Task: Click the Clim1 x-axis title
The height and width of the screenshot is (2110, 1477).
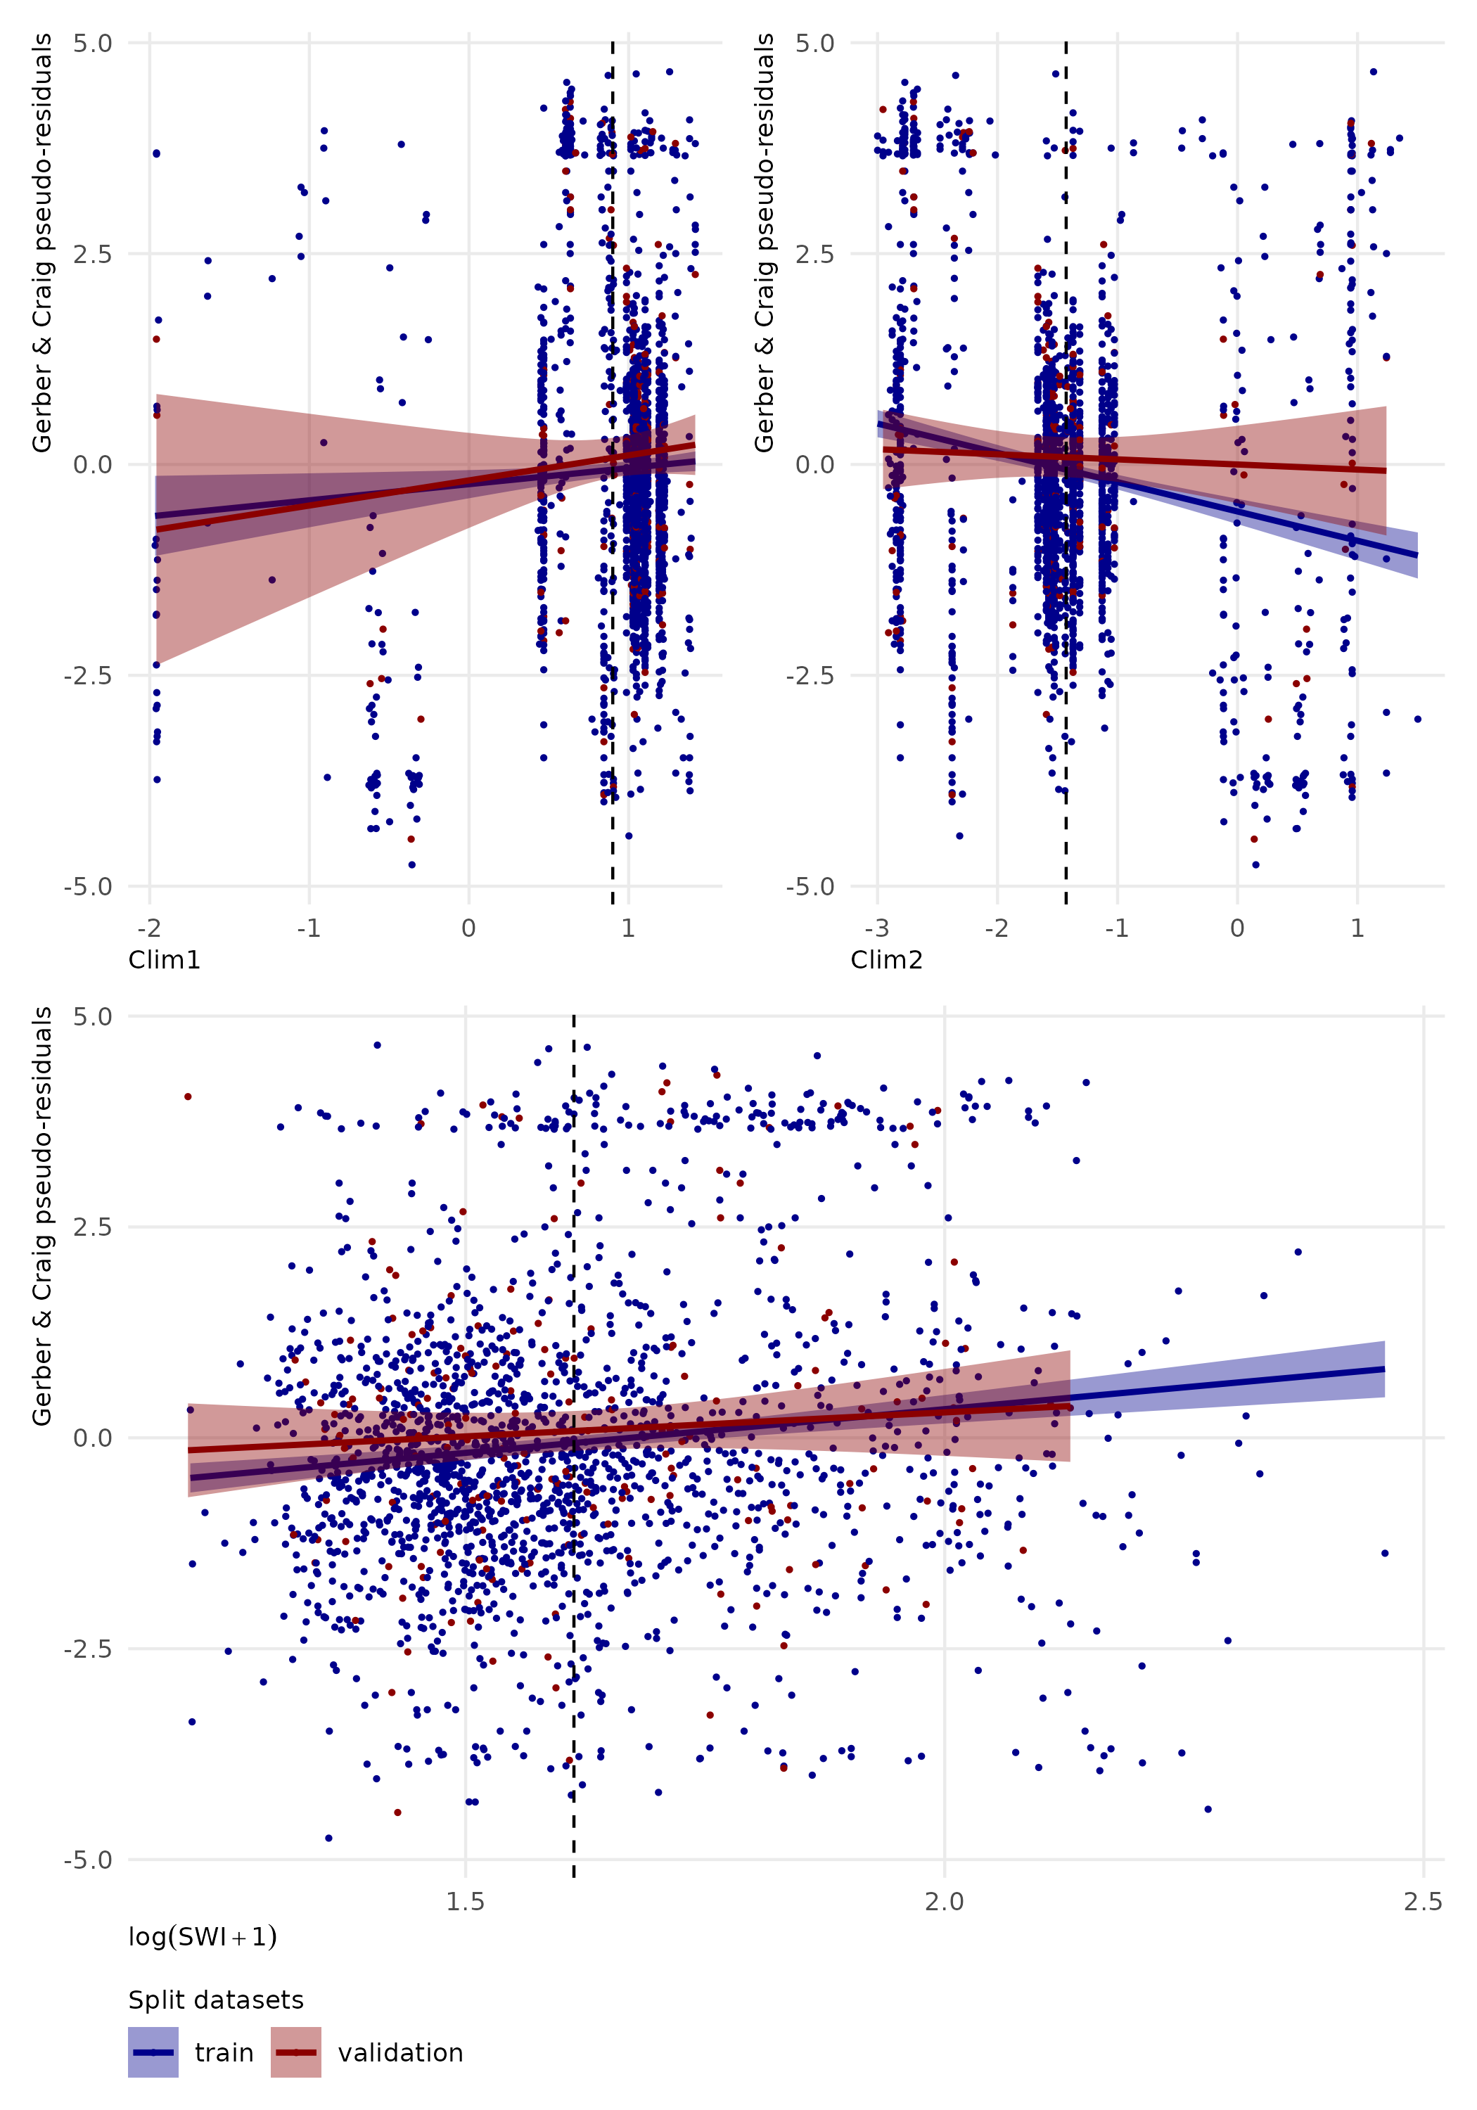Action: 164,960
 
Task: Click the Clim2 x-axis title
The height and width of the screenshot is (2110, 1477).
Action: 886,960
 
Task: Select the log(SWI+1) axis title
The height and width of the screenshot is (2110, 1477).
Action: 202,1937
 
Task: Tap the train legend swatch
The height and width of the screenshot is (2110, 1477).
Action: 153,2052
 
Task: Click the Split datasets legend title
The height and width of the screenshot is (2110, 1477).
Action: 215,2000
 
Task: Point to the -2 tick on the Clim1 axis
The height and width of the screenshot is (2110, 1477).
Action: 150,928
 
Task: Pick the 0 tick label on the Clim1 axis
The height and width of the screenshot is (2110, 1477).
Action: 468,928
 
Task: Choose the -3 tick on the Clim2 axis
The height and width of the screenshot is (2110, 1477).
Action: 877,928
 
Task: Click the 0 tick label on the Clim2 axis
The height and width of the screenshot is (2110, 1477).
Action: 1237,928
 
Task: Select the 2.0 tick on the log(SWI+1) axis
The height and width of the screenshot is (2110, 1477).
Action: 944,1901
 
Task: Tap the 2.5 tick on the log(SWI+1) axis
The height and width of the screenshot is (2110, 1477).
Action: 1423,1901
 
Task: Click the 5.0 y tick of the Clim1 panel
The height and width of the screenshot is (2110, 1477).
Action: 93,43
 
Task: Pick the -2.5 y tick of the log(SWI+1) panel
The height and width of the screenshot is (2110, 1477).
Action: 88,1649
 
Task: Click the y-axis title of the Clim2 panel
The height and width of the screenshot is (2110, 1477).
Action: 764,243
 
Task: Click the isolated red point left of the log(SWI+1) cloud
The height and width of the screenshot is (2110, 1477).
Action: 188,1096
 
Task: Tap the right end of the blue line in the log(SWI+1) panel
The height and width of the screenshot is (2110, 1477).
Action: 1384,1369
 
